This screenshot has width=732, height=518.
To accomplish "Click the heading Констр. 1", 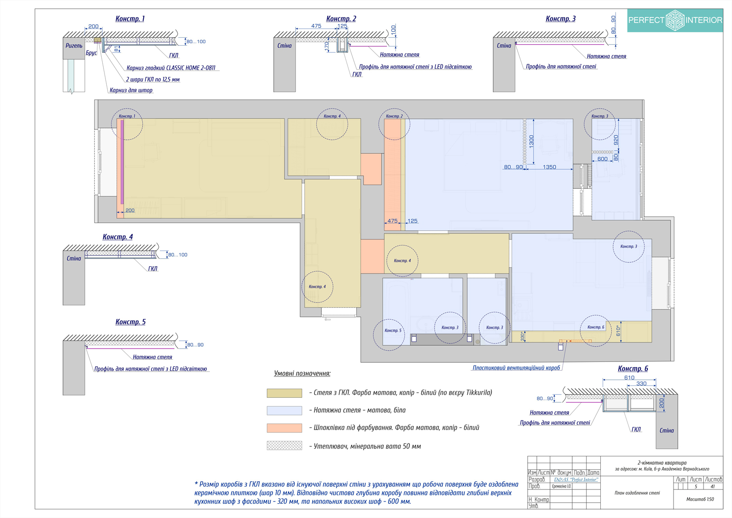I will pyautogui.click(x=130, y=19).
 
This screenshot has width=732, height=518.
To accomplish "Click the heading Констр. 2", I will pyautogui.click(x=341, y=19).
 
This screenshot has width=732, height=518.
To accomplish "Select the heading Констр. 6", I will pyautogui.click(x=633, y=369).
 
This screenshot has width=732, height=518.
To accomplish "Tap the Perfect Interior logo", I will pyautogui.click(x=675, y=20).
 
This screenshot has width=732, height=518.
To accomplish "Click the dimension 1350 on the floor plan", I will pyautogui.click(x=549, y=167).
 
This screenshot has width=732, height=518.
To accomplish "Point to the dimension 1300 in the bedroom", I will pyautogui.click(x=532, y=141).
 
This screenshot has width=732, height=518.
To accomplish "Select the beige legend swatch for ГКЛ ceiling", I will pyautogui.click(x=284, y=393).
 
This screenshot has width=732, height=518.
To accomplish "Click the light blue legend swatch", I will pyautogui.click(x=284, y=410).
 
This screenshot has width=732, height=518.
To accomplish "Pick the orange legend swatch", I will pyautogui.click(x=284, y=428).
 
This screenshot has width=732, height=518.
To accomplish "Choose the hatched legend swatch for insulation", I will pyautogui.click(x=284, y=446).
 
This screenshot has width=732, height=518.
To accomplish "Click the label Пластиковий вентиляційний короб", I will pyautogui.click(x=516, y=368).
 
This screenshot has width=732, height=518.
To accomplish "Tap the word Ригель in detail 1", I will pyautogui.click(x=74, y=46).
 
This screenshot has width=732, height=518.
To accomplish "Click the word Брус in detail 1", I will pyautogui.click(x=91, y=53).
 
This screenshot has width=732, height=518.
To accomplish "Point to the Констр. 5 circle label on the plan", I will pyautogui.click(x=393, y=331).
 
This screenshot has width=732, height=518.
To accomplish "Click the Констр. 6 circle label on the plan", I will pyautogui.click(x=595, y=327).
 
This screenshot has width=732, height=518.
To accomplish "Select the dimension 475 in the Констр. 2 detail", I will pyautogui.click(x=316, y=26).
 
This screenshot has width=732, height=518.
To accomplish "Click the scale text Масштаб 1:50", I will pyautogui.click(x=700, y=499).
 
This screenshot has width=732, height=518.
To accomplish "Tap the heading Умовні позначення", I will pyautogui.click(x=302, y=373).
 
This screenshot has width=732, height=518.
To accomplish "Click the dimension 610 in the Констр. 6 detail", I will pyautogui.click(x=629, y=378).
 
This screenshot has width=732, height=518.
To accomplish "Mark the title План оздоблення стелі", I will pyautogui.click(x=637, y=493).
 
